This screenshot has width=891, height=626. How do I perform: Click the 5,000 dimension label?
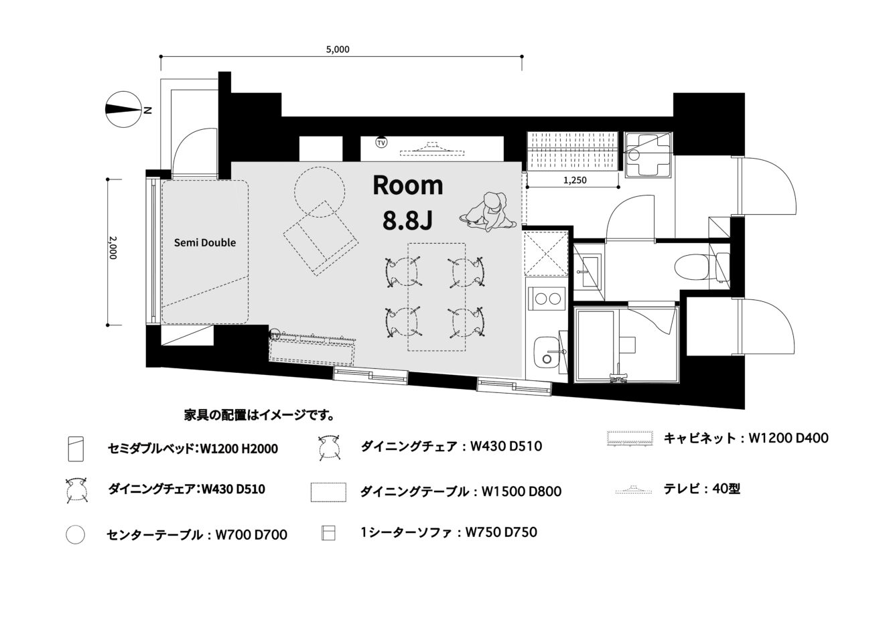338,50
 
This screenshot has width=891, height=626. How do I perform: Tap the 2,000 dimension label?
113,248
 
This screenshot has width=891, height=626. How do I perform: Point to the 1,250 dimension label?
575,180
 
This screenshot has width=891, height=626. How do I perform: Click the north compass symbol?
124,109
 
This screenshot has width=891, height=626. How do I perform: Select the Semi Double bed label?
205,242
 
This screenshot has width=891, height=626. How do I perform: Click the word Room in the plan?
408,185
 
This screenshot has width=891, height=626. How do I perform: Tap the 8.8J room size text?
407,221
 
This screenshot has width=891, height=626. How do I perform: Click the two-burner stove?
547,298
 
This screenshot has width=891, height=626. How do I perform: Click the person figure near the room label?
488,212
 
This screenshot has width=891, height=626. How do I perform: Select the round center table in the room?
320,192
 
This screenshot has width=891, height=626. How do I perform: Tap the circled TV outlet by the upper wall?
381,142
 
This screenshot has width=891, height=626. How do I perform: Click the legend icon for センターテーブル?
75,534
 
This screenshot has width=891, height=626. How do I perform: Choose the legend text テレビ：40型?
701,489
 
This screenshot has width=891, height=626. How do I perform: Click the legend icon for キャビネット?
630,438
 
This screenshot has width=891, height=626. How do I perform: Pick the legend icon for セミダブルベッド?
76,449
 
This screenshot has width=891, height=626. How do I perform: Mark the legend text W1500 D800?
521,491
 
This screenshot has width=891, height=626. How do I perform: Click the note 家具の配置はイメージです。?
259,415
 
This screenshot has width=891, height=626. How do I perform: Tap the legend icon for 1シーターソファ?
328,533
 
